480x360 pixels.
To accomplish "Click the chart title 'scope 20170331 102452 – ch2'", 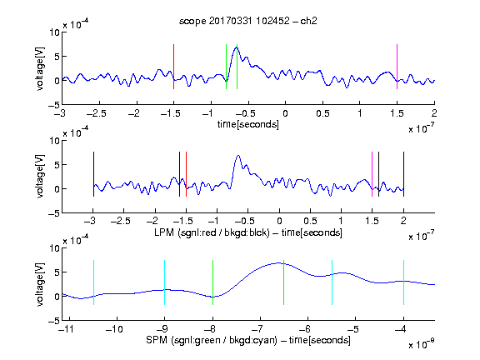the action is pyautogui.click(x=248, y=21).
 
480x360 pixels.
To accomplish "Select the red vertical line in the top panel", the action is pyautogui.click(x=173, y=67).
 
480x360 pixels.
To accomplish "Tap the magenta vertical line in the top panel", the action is pyautogui.click(x=397, y=67).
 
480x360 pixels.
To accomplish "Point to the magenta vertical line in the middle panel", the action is pyautogui.click(x=372, y=174).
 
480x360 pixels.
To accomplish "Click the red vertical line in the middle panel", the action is pyautogui.click(x=186, y=174).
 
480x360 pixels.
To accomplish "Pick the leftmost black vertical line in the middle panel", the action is pyautogui.click(x=93, y=174).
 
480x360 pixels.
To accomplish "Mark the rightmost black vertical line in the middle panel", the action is pyautogui.click(x=403, y=174).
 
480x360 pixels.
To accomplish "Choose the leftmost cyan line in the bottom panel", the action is pyautogui.click(x=93, y=282).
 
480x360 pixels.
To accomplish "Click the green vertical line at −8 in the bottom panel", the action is pyautogui.click(x=212, y=282).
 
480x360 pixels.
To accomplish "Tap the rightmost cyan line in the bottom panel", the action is pyautogui.click(x=403, y=282).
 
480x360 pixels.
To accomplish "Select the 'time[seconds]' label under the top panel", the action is pyautogui.click(x=248, y=124).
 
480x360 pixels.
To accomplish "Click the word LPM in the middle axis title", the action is pyautogui.click(x=164, y=232).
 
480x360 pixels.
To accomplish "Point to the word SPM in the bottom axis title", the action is pyautogui.click(x=157, y=340).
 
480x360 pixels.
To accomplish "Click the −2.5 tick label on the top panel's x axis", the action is pyautogui.click(x=97, y=113).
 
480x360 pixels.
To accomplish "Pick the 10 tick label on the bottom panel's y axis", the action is pyautogui.click(x=54, y=248).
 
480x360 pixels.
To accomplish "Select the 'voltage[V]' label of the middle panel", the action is pyautogui.click(x=40, y=177).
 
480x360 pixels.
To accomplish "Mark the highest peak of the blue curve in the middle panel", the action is pyautogui.click(x=238, y=156).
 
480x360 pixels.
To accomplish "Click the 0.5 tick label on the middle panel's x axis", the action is pyautogui.click(x=310, y=221).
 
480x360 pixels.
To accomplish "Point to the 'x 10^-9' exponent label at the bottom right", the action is pyautogui.click(x=421, y=344).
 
